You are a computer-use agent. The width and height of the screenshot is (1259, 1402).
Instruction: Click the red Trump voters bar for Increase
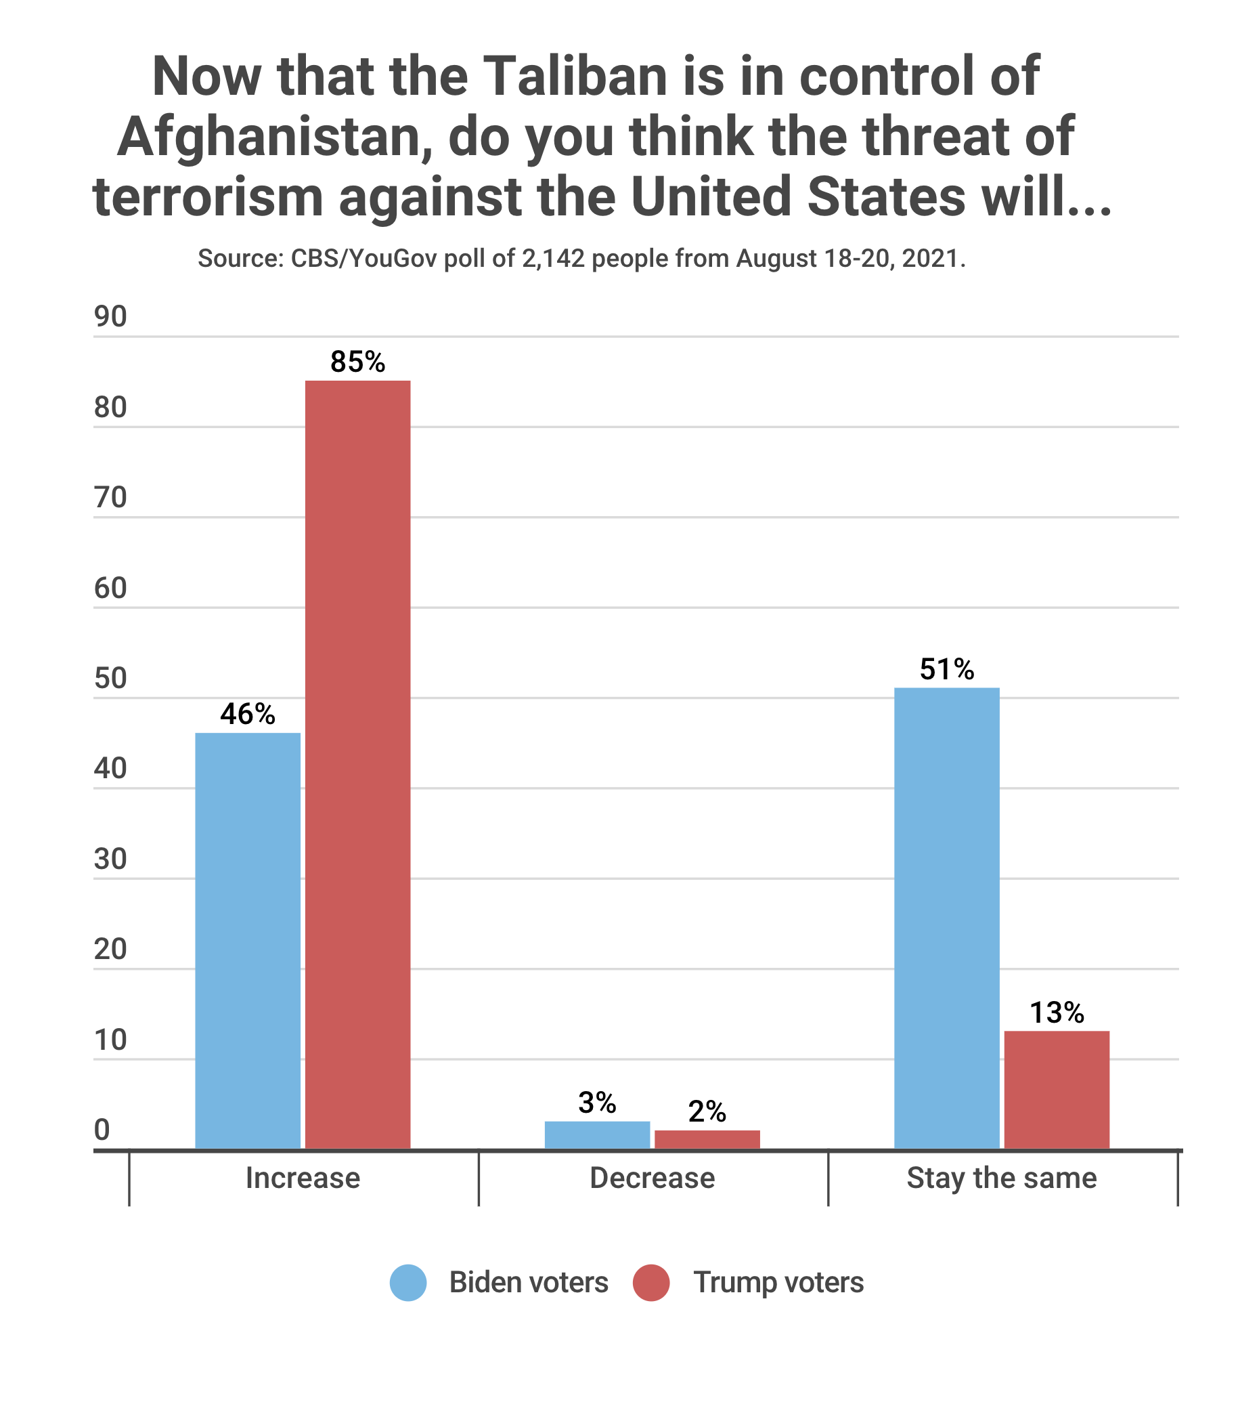click(x=357, y=765)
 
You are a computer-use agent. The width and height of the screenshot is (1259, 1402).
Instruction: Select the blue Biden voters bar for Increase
click(x=248, y=941)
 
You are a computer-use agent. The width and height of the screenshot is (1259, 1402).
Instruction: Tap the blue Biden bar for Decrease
click(x=597, y=1135)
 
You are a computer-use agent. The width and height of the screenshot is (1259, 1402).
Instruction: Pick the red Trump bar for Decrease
click(x=707, y=1139)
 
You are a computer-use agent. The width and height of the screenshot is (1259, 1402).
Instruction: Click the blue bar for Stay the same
click(x=946, y=918)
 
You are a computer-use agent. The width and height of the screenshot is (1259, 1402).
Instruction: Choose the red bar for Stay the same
click(x=1057, y=1090)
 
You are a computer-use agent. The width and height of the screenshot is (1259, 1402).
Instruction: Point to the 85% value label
click(x=357, y=362)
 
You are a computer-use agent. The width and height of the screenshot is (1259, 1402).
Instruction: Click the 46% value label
click(x=248, y=714)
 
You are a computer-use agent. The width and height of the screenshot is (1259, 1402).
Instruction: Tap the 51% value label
click(x=946, y=669)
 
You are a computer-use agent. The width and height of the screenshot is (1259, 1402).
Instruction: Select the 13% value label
click(x=1057, y=1013)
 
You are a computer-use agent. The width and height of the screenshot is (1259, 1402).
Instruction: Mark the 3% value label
click(x=597, y=1103)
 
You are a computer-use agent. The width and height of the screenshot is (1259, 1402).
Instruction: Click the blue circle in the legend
click(x=408, y=1282)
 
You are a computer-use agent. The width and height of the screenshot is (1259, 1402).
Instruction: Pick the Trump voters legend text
click(x=778, y=1282)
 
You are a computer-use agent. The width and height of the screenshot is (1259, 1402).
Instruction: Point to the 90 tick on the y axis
click(x=111, y=317)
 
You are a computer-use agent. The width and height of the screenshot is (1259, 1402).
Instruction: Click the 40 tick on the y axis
click(x=111, y=769)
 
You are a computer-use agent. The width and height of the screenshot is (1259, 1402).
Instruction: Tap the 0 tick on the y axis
click(x=102, y=1130)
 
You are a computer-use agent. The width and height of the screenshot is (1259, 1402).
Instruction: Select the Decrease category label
click(x=652, y=1178)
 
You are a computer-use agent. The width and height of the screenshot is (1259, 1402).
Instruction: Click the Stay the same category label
click(x=1002, y=1178)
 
